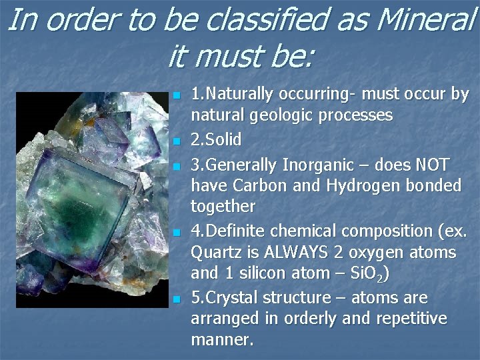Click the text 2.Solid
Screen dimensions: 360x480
(x=216, y=140)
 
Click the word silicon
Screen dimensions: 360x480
(x=265, y=273)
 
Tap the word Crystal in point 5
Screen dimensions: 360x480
(x=231, y=298)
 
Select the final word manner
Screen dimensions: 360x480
(x=222, y=340)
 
